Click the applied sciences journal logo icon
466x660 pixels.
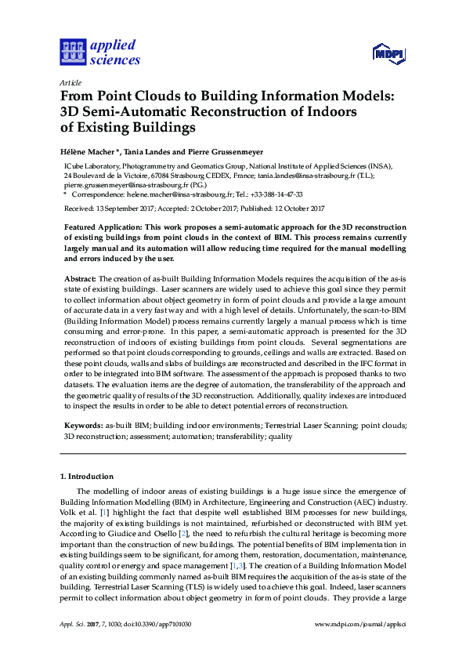[71, 52]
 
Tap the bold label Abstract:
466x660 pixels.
[79, 278]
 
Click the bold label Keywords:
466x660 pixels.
[83, 423]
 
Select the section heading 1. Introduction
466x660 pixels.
[87, 476]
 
